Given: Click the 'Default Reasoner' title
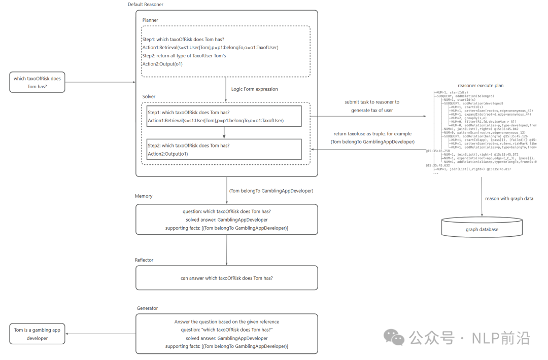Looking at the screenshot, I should click(x=145, y=5).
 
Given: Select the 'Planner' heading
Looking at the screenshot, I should click(x=151, y=20).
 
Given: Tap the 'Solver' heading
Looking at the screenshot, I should click(x=149, y=96).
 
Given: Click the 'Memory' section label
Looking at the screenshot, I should click(x=144, y=196).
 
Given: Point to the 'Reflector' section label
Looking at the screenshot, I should click(x=144, y=260).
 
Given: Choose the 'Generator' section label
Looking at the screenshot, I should click(x=147, y=308).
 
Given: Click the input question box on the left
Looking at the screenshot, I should click(x=37, y=82).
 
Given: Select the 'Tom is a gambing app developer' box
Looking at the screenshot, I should click(x=37, y=334).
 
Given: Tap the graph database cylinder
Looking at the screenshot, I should click(x=482, y=228).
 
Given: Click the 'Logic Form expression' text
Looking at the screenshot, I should click(x=255, y=89).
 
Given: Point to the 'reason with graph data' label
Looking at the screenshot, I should click(x=509, y=198).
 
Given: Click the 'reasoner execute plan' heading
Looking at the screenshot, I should click(x=481, y=86).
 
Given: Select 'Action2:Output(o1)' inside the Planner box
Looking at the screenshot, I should click(x=162, y=64).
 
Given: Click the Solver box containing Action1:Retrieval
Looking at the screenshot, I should click(x=224, y=116).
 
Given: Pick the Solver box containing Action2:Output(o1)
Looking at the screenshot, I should click(x=224, y=150).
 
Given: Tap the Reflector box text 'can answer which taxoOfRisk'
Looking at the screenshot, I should click(x=226, y=278).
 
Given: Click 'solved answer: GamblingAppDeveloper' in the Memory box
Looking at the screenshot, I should click(x=226, y=220).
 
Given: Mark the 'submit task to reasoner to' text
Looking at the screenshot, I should click(x=372, y=102).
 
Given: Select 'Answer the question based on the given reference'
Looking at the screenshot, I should click(x=226, y=321).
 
